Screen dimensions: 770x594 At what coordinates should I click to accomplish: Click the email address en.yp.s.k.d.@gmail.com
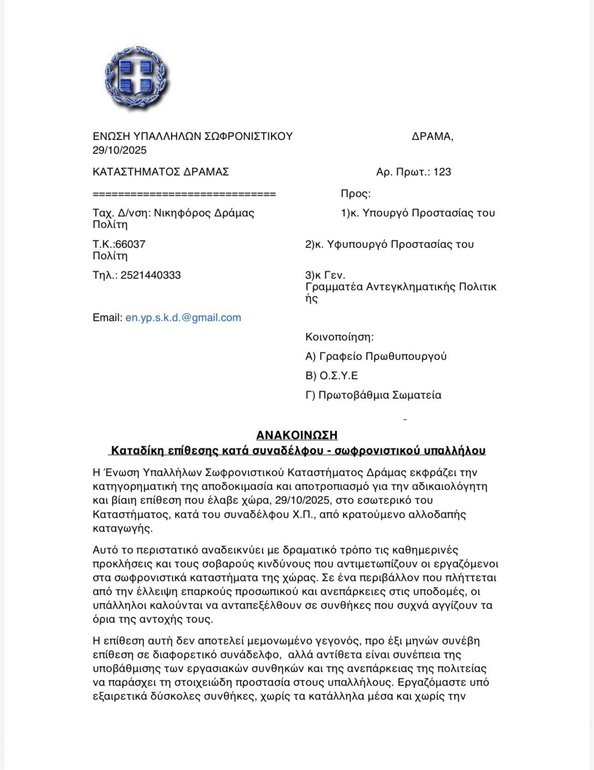click(x=183, y=317)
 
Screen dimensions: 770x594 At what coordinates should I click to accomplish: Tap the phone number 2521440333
click(x=151, y=275)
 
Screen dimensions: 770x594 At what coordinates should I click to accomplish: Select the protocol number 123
click(x=442, y=172)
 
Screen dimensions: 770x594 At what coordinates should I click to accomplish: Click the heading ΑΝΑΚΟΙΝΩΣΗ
click(x=297, y=435)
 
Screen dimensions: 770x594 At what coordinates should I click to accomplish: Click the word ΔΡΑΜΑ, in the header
click(x=432, y=136)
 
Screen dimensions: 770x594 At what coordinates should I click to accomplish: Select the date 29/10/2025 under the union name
click(x=119, y=150)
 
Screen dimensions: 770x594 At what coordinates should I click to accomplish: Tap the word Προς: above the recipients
click(x=355, y=194)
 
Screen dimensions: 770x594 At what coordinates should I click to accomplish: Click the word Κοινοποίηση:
click(x=339, y=337)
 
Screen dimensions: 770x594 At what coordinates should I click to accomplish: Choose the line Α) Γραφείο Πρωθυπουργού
click(x=376, y=356)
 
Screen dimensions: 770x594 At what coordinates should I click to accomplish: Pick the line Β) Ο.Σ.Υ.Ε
click(x=332, y=375)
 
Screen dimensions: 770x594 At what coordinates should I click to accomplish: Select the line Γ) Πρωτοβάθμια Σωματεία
click(x=373, y=395)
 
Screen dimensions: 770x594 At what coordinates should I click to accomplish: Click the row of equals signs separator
click(x=184, y=194)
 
